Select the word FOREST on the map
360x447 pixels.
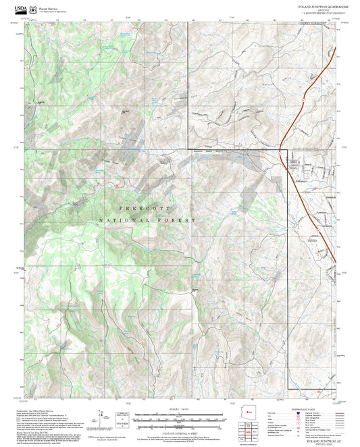tap(180, 221)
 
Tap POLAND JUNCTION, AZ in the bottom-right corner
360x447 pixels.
tap(317, 439)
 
